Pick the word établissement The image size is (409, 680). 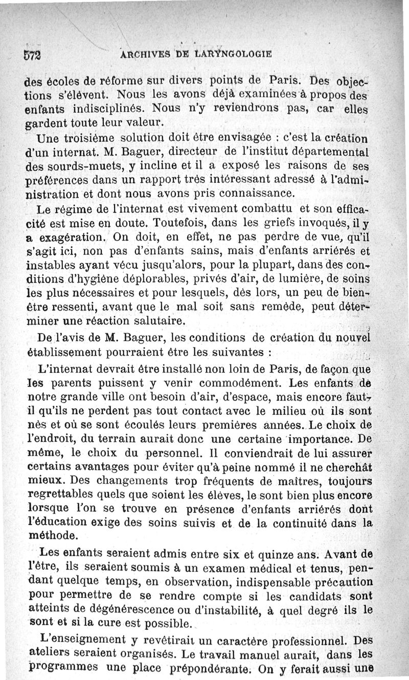(66, 353)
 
